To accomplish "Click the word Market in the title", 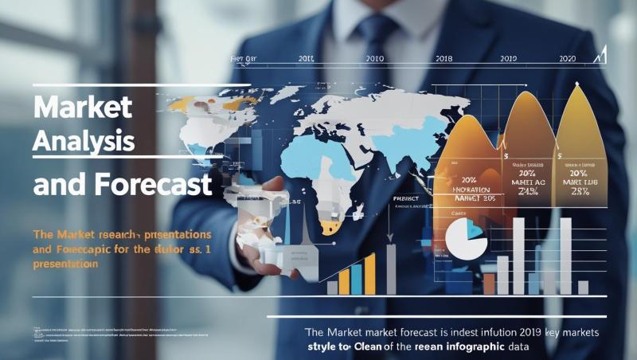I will (83, 107).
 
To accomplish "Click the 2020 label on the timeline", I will (568, 59).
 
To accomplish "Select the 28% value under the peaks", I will (579, 192).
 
